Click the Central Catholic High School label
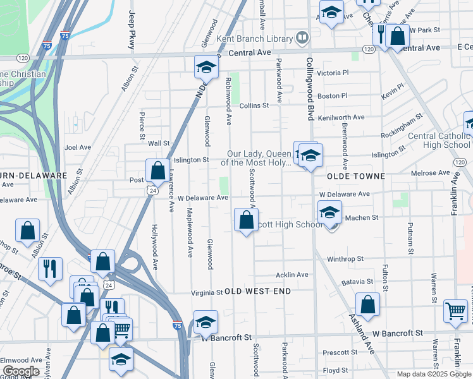click(439, 140)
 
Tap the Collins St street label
click(254, 105)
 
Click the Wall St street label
click(159, 144)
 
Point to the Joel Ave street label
click(78, 147)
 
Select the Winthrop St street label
click(345, 258)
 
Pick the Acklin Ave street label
click(292, 275)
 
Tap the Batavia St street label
click(357, 282)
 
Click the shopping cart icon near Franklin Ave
click(455, 310)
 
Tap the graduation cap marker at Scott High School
click(329, 213)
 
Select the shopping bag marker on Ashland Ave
click(367, 304)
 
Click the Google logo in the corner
click(21, 371)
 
